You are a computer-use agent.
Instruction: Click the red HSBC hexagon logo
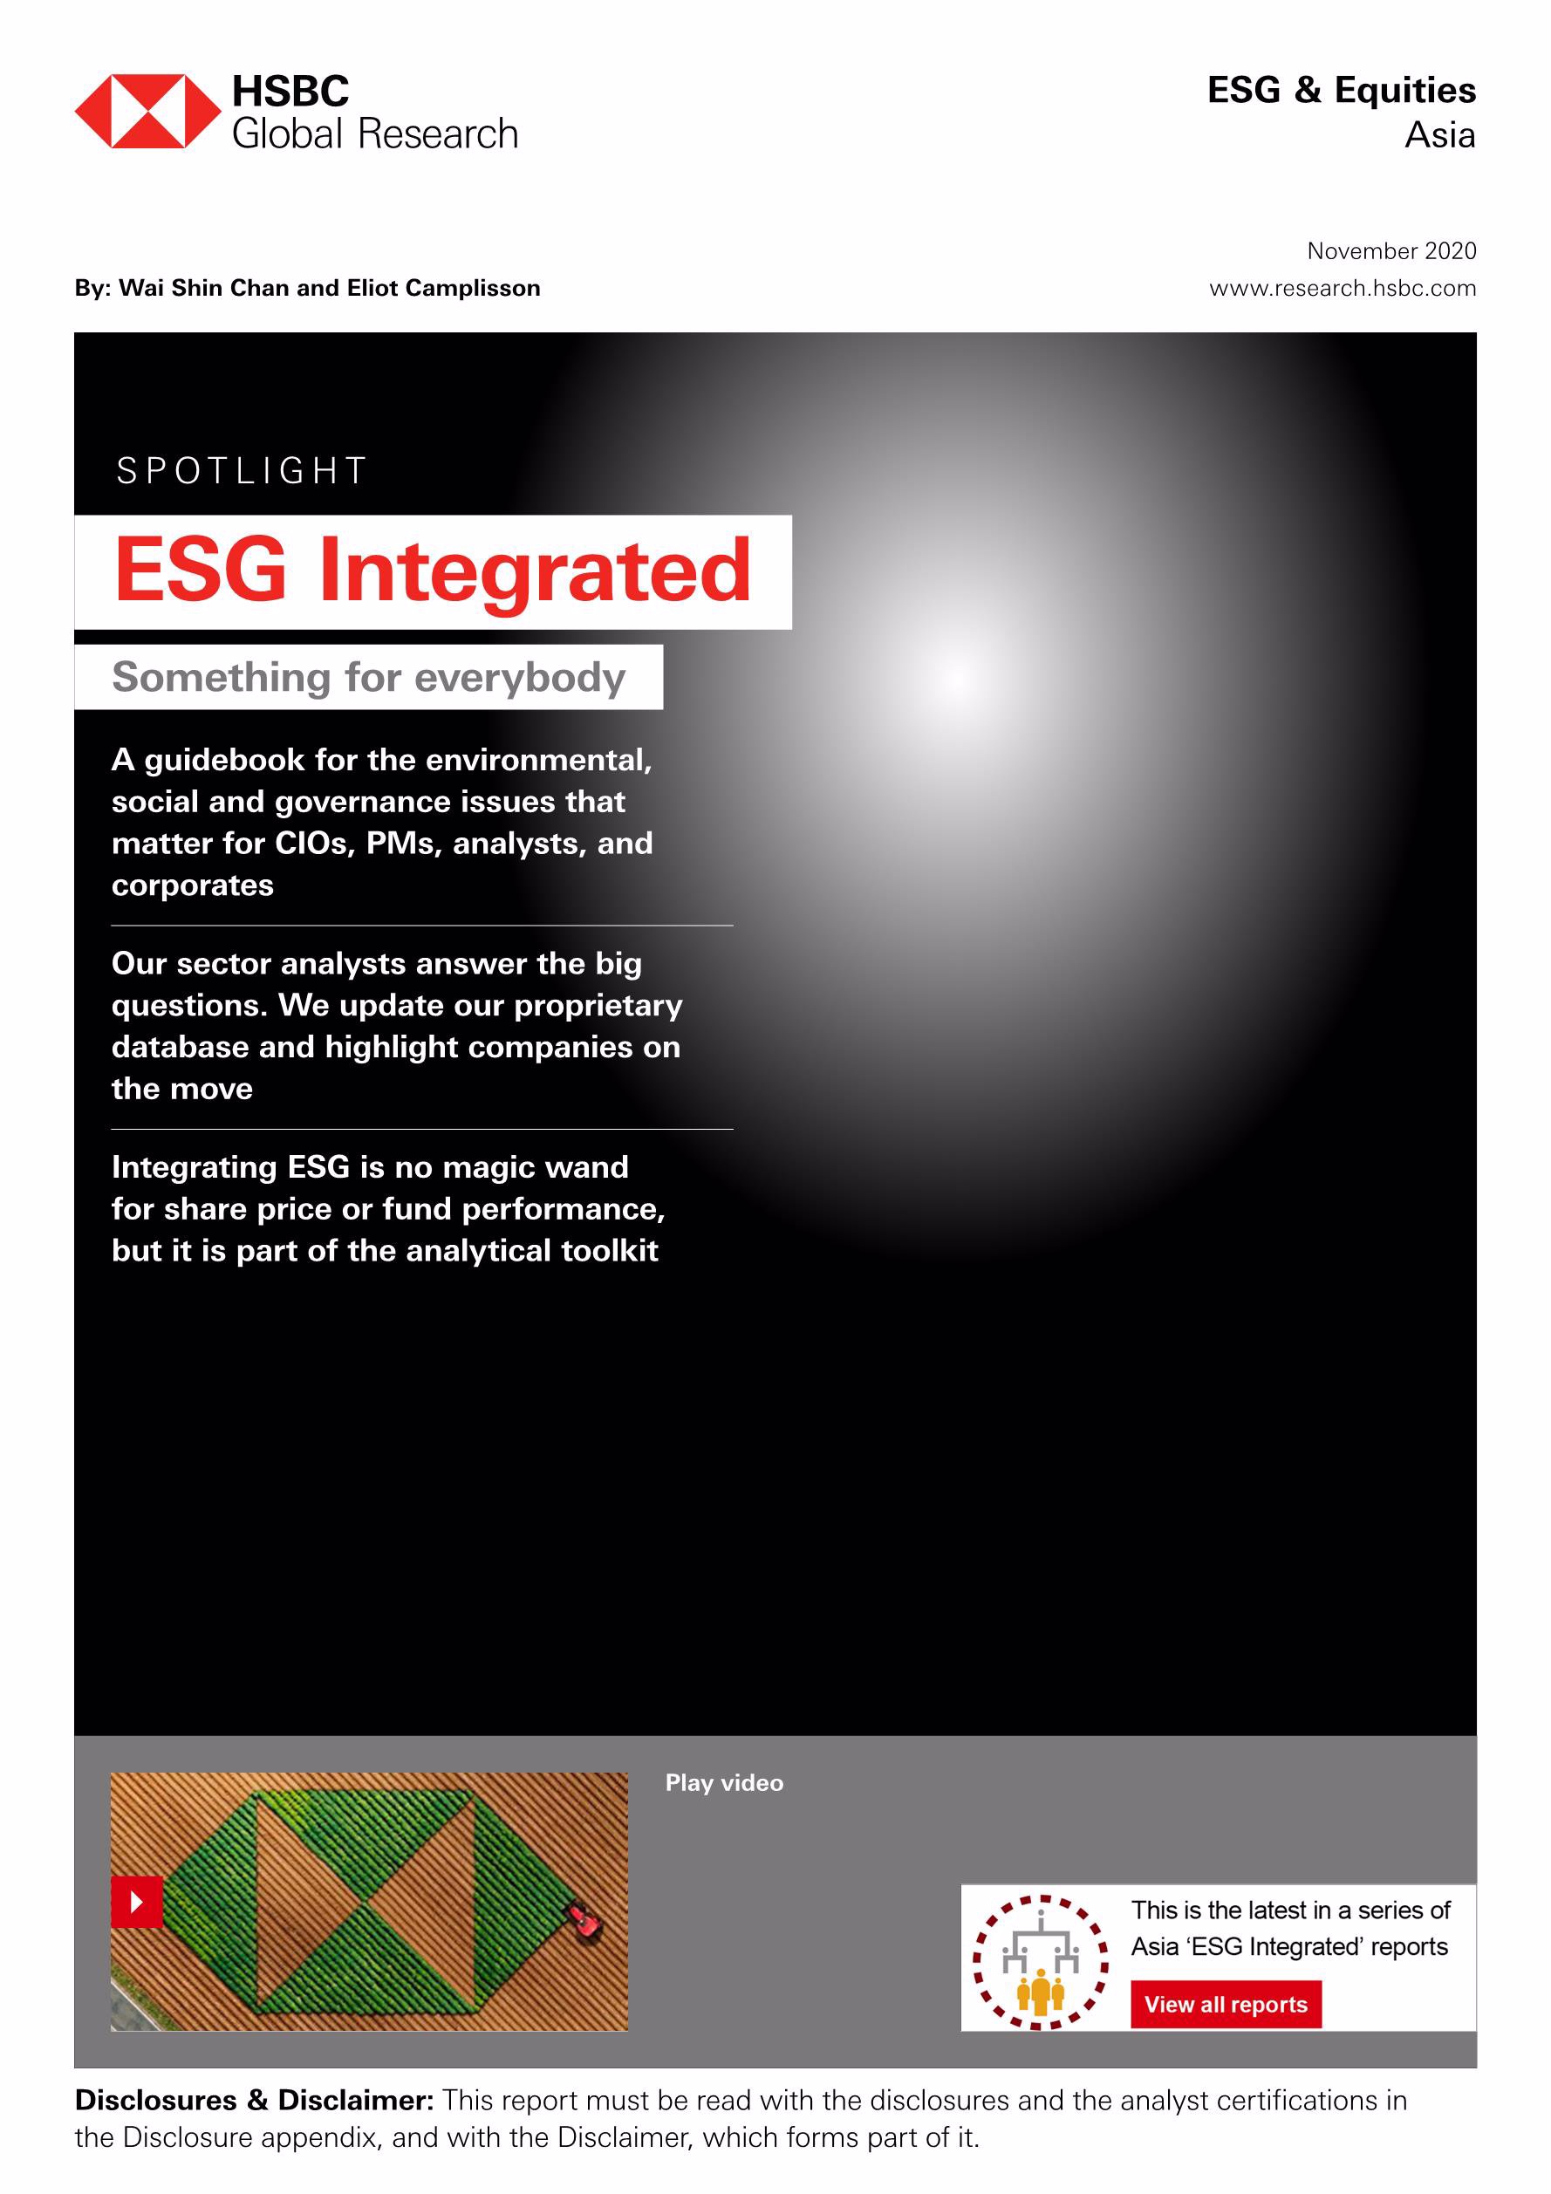[x=147, y=111]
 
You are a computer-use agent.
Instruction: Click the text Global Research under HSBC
[x=374, y=133]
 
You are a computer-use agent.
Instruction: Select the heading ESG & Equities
[x=1341, y=90]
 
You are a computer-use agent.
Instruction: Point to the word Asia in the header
[x=1439, y=134]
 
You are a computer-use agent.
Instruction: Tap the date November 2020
[x=1391, y=250]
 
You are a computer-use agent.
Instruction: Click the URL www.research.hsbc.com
[x=1343, y=288]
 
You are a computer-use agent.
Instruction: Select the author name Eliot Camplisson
[x=443, y=288]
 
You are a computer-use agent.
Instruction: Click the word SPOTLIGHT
[x=241, y=470]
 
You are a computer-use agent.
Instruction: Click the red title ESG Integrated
[x=433, y=571]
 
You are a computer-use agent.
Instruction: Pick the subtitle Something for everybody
[x=369, y=677]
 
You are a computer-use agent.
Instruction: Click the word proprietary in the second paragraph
[x=598, y=1006]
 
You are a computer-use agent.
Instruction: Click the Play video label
[x=724, y=1782]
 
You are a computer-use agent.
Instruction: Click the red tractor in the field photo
[x=584, y=1921]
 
